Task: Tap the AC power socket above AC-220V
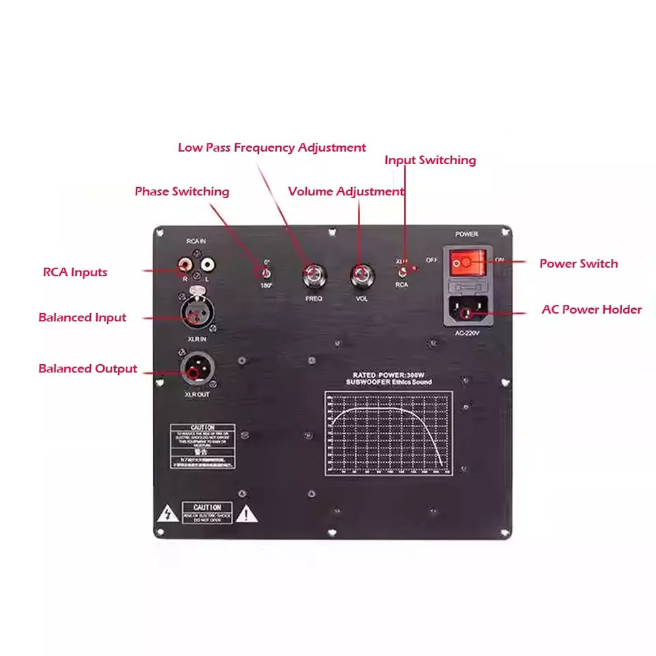pos(467,312)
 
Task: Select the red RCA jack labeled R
pos(184,262)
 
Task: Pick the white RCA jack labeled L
pos(207,262)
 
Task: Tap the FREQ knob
pos(314,277)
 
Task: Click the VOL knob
pos(361,277)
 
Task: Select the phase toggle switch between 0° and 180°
pos(265,272)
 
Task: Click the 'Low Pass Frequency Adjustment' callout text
pos(271,148)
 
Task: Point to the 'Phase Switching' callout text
pos(182,191)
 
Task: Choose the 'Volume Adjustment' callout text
pos(346,191)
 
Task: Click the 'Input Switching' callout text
pos(430,160)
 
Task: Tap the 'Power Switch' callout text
pos(578,264)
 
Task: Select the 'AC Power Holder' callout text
pos(591,310)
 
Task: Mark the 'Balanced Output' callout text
pos(87,369)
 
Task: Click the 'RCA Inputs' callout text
pos(75,272)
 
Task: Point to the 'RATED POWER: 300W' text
pos(387,375)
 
